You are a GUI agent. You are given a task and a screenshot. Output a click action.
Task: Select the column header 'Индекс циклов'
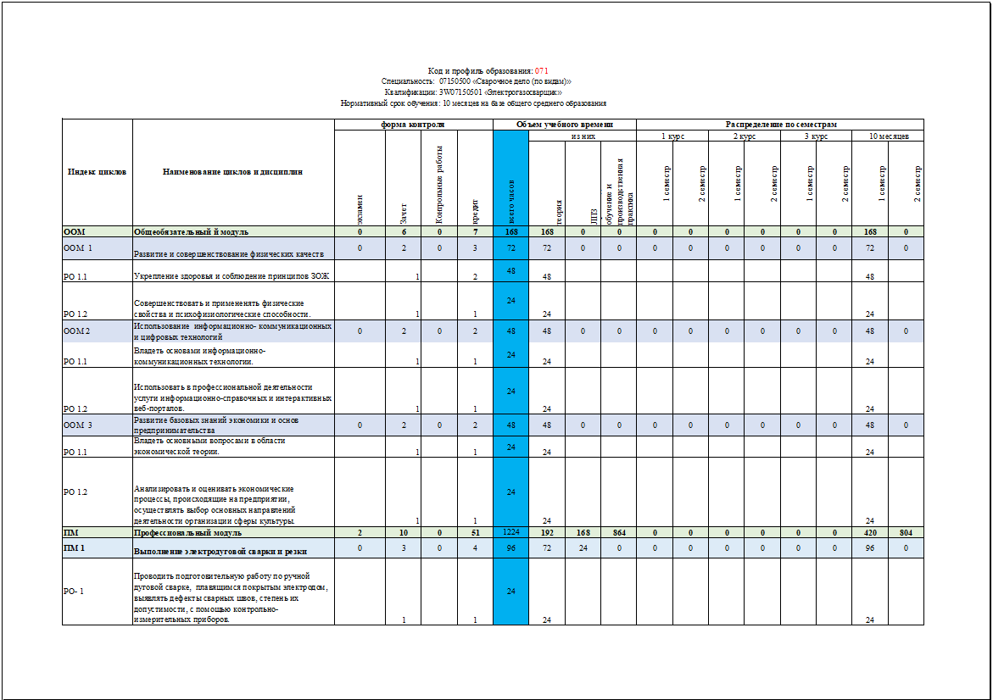pyautogui.click(x=97, y=172)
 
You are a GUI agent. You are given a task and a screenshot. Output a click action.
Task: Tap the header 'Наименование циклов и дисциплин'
pyautogui.click(x=232, y=172)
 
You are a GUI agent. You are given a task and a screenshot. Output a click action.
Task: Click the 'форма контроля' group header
pyautogui.click(x=413, y=125)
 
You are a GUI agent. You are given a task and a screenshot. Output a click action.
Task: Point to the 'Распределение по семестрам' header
pyautogui.click(x=779, y=125)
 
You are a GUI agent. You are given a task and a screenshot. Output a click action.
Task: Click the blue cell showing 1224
pyautogui.click(x=510, y=533)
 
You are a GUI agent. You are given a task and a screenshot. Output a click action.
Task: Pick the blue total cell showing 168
pyautogui.click(x=510, y=231)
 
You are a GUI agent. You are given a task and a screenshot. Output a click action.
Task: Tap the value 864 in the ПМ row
pyautogui.click(x=618, y=533)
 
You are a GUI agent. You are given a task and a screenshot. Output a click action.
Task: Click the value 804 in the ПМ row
pyautogui.click(x=905, y=533)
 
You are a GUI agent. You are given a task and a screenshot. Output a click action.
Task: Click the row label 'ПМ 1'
pyautogui.click(x=75, y=549)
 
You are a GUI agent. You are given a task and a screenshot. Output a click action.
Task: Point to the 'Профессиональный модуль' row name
pyautogui.click(x=187, y=533)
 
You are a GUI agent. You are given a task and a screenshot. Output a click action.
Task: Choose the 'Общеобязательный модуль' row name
pyautogui.click(x=191, y=231)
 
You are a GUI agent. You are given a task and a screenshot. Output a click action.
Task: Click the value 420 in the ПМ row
pyautogui.click(x=869, y=533)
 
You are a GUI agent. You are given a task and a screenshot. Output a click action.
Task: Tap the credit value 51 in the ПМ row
pyautogui.click(x=475, y=533)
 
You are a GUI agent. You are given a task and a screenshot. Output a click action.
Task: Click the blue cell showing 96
pyautogui.click(x=510, y=548)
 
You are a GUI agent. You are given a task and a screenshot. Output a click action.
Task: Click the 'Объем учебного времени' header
pyautogui.click(x=565, y=125)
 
